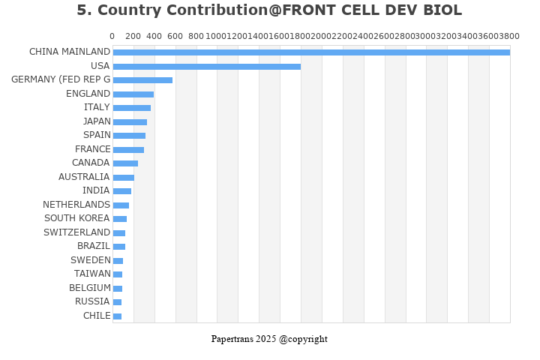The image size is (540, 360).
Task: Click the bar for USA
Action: (206, 66)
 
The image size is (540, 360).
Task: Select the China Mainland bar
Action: (310, 52)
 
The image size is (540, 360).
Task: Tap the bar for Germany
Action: (142, 80)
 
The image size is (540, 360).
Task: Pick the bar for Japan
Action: (130, 121)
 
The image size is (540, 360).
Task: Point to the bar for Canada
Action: (125, 163)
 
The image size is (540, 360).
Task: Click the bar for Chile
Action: (117, 316)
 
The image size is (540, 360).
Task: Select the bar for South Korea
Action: (120, 219)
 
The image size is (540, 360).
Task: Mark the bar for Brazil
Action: (119, 247)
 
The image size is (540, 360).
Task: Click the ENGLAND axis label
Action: (88, 94)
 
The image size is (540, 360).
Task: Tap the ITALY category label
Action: (97, 107)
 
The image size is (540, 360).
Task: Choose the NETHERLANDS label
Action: (76, 205)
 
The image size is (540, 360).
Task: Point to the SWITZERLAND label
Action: (76, 232)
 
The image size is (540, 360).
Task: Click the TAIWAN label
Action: (92, 274)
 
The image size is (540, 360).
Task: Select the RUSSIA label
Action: (92, 301)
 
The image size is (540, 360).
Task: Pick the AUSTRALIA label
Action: (84, 177)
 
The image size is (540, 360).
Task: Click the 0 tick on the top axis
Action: (112, 36)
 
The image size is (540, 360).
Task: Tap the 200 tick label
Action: (133, 36)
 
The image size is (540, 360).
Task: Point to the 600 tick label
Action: (175, 36)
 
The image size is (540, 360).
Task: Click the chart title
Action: (269, 10)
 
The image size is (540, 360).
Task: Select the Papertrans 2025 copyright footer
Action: (269, 339)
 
